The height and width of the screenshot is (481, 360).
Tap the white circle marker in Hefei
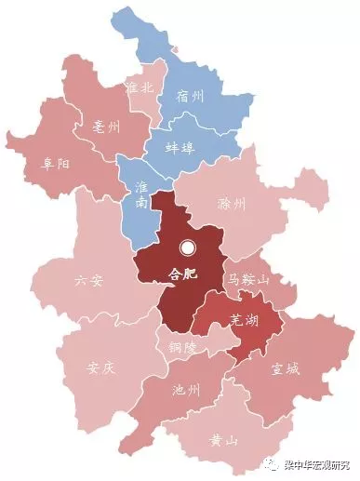coord(188,248)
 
